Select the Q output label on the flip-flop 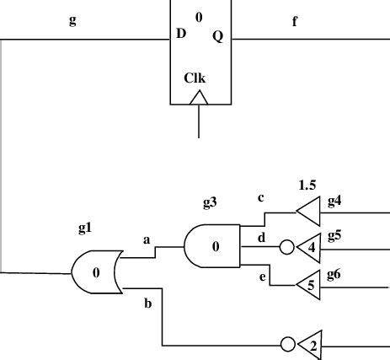[x=217, y=36]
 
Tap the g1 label [x=86, y=228]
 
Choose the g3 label [x=210, y=202]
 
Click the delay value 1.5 [x=307, y=184]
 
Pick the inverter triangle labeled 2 [x=311, y=345]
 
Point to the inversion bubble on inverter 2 [x=287, y=345]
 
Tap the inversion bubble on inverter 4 [x=287, y=248]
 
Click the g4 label [x=334, y=200]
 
